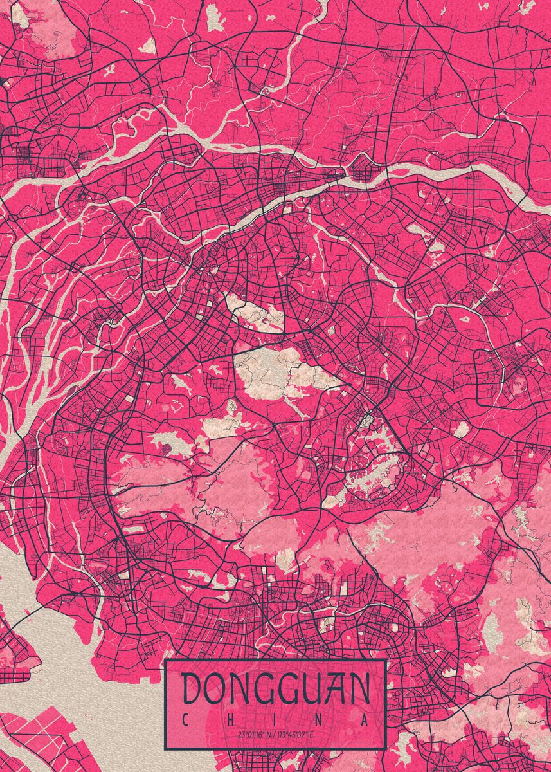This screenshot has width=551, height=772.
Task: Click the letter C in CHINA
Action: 185,719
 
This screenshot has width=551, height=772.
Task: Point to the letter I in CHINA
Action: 275,719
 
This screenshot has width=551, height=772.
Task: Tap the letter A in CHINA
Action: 365,719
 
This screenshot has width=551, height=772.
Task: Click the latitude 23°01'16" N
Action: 253,734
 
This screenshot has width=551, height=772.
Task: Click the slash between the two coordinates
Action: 273,734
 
